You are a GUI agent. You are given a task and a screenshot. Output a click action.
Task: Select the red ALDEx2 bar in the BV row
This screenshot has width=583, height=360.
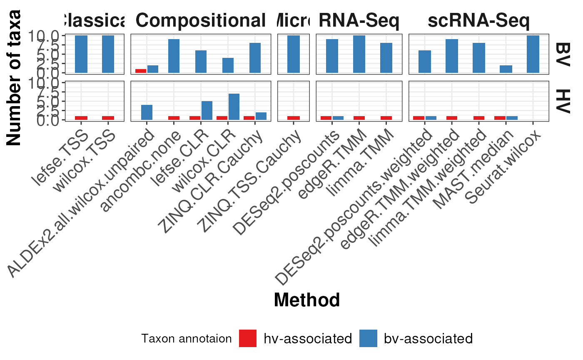tap(141, 71)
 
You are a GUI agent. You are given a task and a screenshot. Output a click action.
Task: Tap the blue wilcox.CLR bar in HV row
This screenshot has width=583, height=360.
tap(234, 107)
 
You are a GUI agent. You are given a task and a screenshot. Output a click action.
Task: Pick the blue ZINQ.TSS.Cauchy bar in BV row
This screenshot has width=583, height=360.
tap(294, 54)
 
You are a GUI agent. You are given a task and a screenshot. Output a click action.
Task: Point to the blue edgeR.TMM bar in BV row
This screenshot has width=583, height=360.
tap(359, 54)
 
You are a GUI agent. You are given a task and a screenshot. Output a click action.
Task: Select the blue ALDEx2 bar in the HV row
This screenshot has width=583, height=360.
tap(147, 112)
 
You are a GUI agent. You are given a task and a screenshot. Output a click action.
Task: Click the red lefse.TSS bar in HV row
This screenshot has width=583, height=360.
tap(81, 118)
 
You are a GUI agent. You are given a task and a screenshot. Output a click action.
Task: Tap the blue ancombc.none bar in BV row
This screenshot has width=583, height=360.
tap(174, 56)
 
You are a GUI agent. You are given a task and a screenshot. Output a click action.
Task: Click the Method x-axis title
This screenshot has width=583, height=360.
tap(307, 300)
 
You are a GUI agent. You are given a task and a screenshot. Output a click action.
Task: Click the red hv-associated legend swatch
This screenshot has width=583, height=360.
tap(248, 338)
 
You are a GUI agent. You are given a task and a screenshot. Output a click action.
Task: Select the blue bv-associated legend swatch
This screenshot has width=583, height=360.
tap(368, 338)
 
